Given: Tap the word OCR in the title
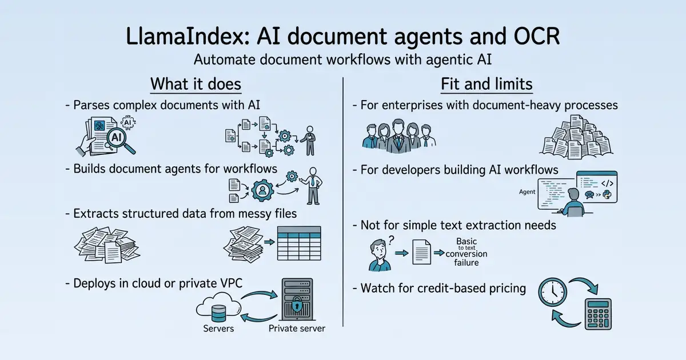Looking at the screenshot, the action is pos(537,37).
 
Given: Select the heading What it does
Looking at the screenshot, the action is pos(196,84).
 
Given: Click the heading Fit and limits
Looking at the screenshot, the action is pos(486,84).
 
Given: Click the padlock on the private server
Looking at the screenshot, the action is pos(297,304).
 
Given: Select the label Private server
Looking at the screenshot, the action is pos(297,329).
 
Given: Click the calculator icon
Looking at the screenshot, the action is pos(598,314).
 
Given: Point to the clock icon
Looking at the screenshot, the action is pos(552,292).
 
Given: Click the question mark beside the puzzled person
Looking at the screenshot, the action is pos(391,241).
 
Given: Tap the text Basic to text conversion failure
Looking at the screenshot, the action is pos(466,252).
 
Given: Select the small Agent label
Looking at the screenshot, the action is pos(527,192).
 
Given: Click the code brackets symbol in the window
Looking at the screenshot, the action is pos(607,183).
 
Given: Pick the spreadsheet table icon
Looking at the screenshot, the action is pos(299,243).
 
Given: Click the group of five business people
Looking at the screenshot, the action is pos(399,137).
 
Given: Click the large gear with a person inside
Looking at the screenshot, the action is pos(262,190).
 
